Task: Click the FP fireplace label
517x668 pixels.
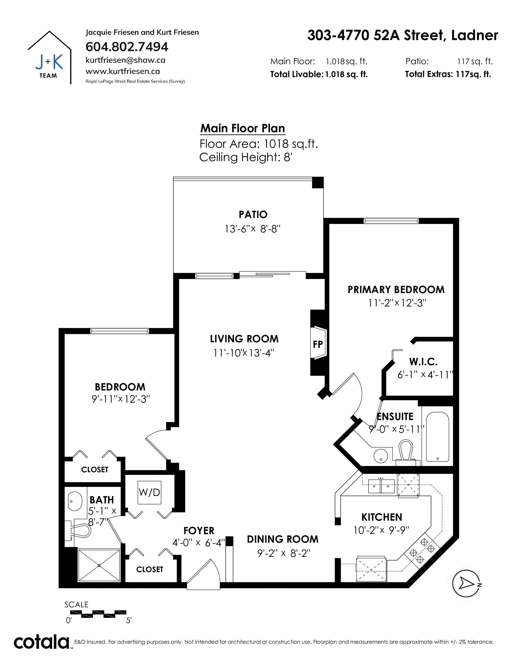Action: [x=318, y=344]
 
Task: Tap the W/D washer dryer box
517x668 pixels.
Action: [x=149, y=492]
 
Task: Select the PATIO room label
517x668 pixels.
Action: [x=253, y=214]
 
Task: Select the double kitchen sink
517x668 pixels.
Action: [x=381, y=486]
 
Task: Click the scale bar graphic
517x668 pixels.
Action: [x=98, y=613]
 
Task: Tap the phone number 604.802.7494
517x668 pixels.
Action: [x=127, y=47]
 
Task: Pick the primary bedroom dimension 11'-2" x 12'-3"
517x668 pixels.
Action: [x=397, y=303]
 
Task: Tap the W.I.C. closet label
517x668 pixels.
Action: [x=423, y=362]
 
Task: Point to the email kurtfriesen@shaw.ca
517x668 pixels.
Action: [x=125, y=60]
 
